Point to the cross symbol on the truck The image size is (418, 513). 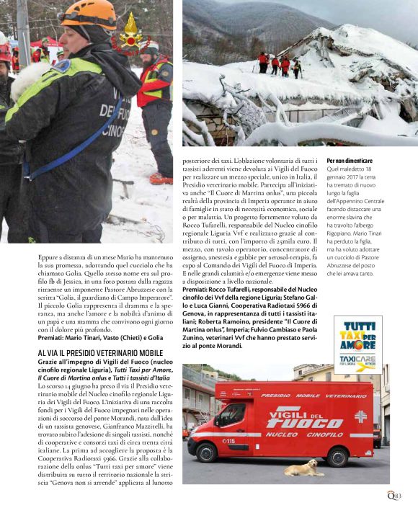360,416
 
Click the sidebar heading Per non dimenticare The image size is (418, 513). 350,160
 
